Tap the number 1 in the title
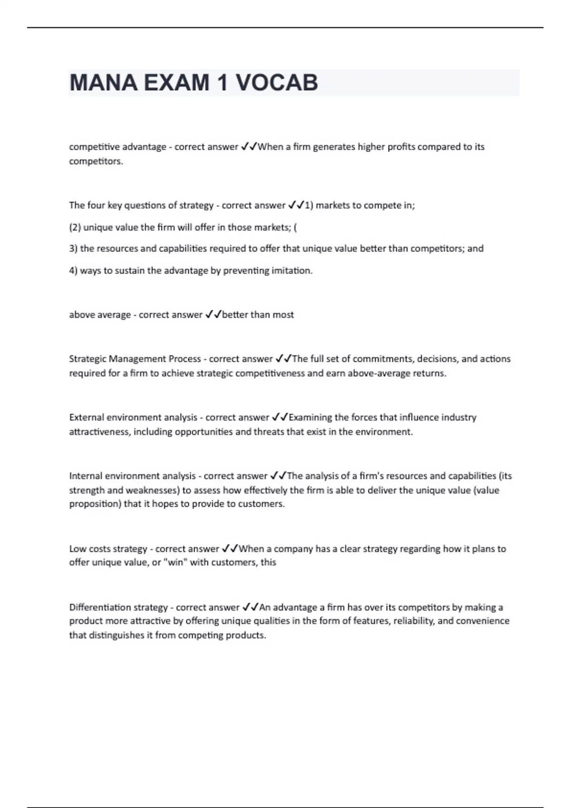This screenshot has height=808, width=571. click(x=222, y=83)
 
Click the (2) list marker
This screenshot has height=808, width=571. click(x=75, y=227)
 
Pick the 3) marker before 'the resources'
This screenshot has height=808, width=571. click(x=73, y=249)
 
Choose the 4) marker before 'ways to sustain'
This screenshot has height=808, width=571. click(x=73, y=271)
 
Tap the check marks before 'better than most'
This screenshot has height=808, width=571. click(x=213, y=315)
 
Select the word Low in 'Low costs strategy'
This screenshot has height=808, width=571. click(x=78, y=549)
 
